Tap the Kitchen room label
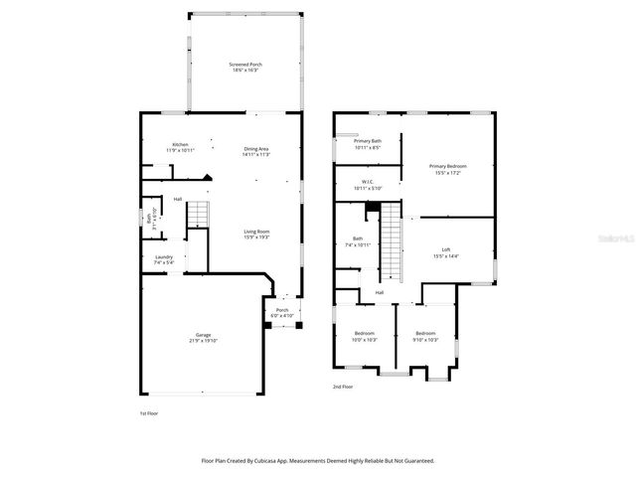tap(180, 145)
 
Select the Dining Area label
tap(256, 149)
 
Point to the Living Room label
tap(257, 232)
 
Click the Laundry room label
tap(164, 257)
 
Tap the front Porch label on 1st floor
tap(282, 309)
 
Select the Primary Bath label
tap(368, 141)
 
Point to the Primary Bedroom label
tap(447, 166)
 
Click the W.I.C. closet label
tap(367, 182)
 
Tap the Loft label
tap(446, 249)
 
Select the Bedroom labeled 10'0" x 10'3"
tap(364, 333)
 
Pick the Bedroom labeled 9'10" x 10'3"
tap(425, 333)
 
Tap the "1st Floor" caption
tap(148, 412)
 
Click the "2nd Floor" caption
tap(343, 387)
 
